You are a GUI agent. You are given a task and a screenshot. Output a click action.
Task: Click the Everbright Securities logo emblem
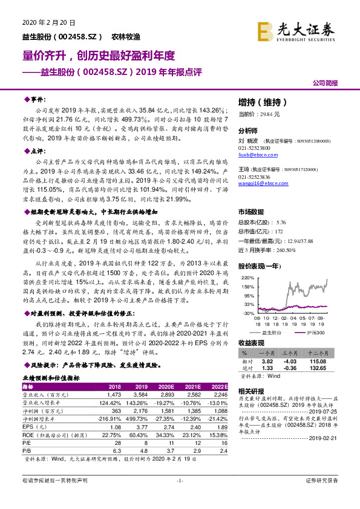(264, 30)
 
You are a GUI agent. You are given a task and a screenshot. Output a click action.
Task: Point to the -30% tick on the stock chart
(245, 313)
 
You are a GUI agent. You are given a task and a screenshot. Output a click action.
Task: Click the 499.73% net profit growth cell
(140, 417)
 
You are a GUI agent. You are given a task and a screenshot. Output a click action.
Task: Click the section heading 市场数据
(250, 212)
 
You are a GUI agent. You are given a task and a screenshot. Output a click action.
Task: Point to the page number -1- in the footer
(179, 497)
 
